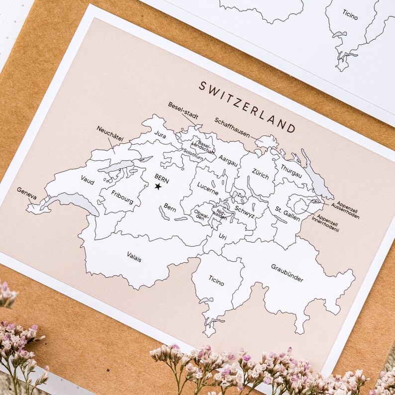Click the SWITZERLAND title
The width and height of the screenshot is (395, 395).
(x=247, y=107)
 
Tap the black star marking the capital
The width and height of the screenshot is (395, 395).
(x=158, y=187)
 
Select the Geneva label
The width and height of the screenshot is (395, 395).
(x=27, y=193)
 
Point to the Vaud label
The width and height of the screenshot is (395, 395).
(x=87, y=179)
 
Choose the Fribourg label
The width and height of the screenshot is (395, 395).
(x=122, y=197)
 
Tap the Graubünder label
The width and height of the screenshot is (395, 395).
(x=287, y=273)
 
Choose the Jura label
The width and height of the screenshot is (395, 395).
(x=160, y=134)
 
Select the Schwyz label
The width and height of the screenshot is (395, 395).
(x=244, y=211)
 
